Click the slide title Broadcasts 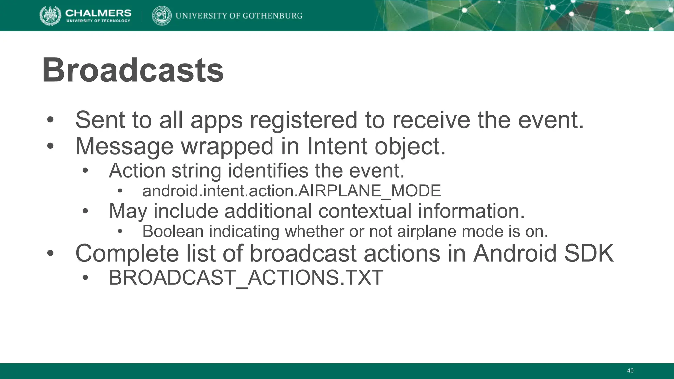[133, 70]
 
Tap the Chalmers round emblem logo [50, 16]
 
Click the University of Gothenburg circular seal [162, 16]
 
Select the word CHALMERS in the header [98, 13]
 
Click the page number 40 [630, 371]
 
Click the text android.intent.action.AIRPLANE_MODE [291, 191]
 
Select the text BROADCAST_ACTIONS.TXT [246, 277]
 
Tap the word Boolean [173, 231]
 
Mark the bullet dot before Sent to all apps [50, 120]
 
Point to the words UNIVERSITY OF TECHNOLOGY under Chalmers [98, 21]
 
